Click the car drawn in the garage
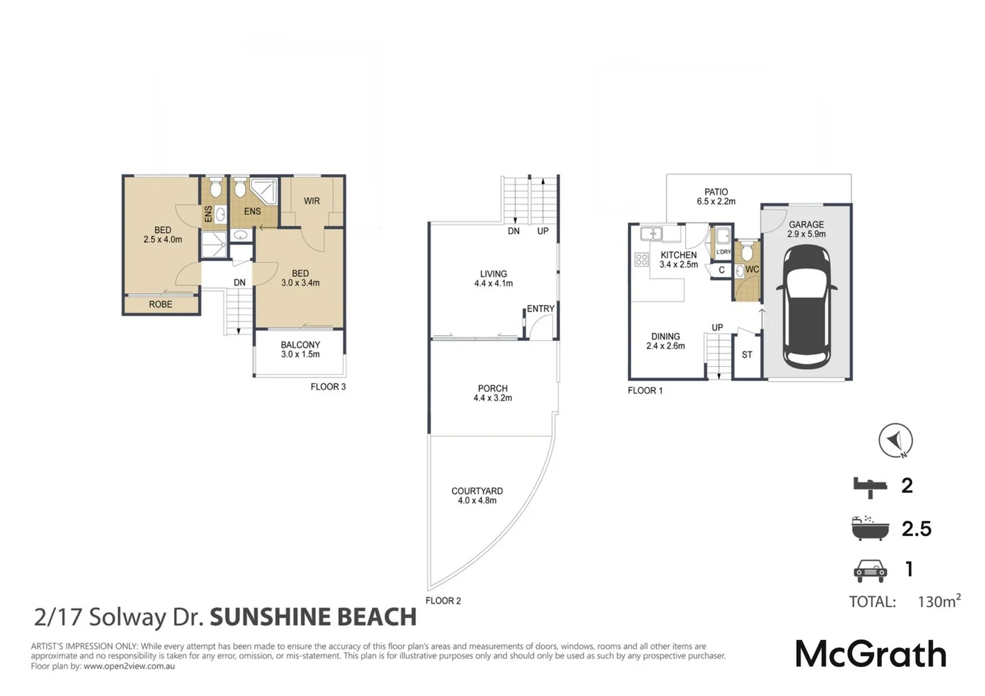806,307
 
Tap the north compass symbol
896,441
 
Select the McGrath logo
871,655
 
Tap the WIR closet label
312,201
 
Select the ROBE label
161,304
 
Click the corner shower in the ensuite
265,190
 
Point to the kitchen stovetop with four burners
641,260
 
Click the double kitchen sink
651,233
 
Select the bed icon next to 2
870,487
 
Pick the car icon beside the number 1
870,571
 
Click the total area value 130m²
939,601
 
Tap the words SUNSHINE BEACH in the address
313,617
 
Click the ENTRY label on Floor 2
540,309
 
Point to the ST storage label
746,355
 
